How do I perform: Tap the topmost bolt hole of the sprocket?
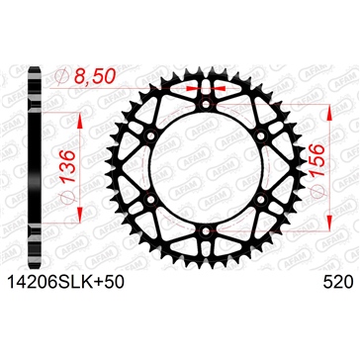[202, 102]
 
